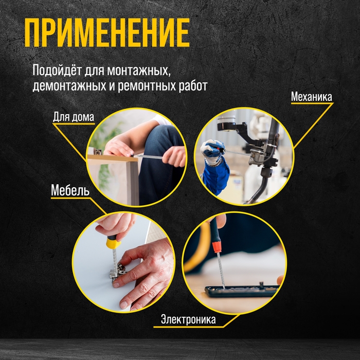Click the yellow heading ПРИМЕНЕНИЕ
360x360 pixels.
click(107, 34)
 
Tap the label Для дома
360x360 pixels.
click(74, 117)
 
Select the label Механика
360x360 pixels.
click(311, 96)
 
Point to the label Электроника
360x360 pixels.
click(188, 320)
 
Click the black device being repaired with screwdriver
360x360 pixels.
click(242, 291)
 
